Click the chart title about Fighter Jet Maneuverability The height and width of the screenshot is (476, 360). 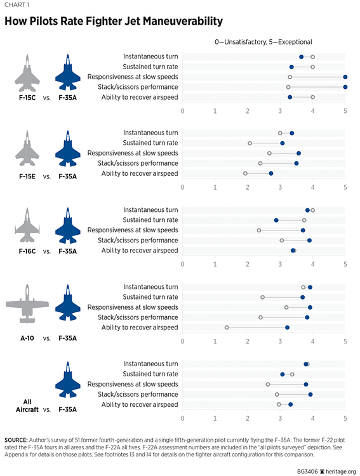click(x=114, y=22)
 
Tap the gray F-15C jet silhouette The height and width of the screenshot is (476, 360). click(x=26, y=73)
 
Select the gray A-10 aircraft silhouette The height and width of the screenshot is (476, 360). click(x=26, y=306)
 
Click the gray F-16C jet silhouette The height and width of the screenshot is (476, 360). click(x=26, y=226)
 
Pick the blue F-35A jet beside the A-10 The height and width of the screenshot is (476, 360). click(x=67, y=304)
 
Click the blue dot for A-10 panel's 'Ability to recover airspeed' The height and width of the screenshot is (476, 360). click(x=287, y=327)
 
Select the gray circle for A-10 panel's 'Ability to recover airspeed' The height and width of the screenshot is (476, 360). click(x=227, y=327)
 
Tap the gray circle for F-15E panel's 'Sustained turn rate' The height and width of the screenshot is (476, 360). click(x=250, y=143)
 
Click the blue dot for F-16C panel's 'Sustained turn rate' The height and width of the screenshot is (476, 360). click(x=276, y=220)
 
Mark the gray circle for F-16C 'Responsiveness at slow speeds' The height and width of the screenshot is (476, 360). click(x=259, y=230)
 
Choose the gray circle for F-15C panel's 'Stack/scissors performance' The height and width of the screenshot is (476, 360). click(x=288, y=87)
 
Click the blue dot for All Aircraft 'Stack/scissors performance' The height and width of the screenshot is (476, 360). click(x=310, y=394)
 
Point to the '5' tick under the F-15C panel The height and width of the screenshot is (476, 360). click(x=345, y=110)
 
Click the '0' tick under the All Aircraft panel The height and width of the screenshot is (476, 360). click(x=183, y=418)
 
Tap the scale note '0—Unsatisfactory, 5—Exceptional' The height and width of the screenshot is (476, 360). click(x=262, y=42)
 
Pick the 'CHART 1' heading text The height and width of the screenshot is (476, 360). click(x=17, y=5)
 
